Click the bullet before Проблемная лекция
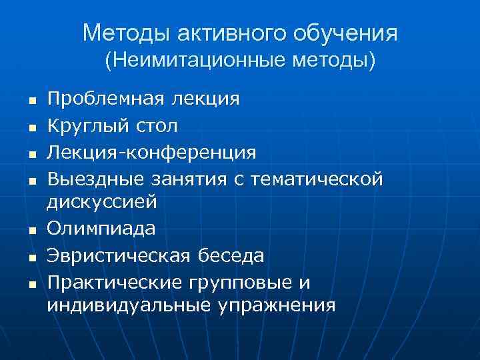pyautogui.click(x=31, y=101)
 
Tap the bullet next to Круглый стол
pyautogui.click(x=31, y=127)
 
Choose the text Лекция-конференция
pyautogui.click(x=151, y=152)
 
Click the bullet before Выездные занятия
pyautogui.click(x=31, y=179)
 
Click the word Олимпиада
pyautogui.click(x=101, y=229)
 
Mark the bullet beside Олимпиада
pyautogui.click(x=31, y=231)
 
